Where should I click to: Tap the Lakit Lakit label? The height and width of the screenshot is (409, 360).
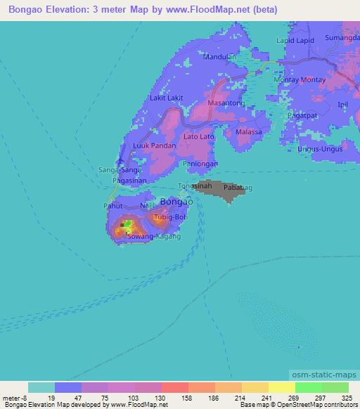pyautogui.click(x=167, y=98)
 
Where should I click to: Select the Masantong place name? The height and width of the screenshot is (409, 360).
pyautogui.click(x=226, y=103)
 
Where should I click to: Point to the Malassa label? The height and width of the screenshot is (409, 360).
pyautogui.click(x=249, y=132)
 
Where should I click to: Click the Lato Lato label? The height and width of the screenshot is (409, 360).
pyautogui.click(x=199, y=136)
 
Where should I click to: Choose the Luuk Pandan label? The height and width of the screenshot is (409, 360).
pyautogui.click(x=154, y=145)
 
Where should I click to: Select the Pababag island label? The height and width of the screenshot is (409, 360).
pyautogui.click(x=234, y=188)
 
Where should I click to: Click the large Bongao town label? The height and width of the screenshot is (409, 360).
pyautogui.click(x=176, y=202)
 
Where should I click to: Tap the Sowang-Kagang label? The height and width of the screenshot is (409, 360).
pyautogui.click(x=153, y=237)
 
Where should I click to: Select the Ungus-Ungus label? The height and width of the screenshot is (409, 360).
pyautogui.click(x=319, y=149)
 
